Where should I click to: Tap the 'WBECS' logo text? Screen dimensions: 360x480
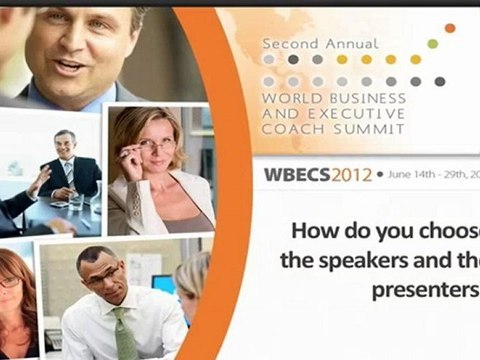(x=297, y=174)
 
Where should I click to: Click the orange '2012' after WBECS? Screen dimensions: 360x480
(x=352, y=174)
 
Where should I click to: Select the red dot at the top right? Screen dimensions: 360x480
(x=449, y=28)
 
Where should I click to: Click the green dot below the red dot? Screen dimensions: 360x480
(x=432, y=43)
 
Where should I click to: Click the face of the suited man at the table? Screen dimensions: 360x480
(x=66, y=143)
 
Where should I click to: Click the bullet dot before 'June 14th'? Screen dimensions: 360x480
(x=380, y=174)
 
